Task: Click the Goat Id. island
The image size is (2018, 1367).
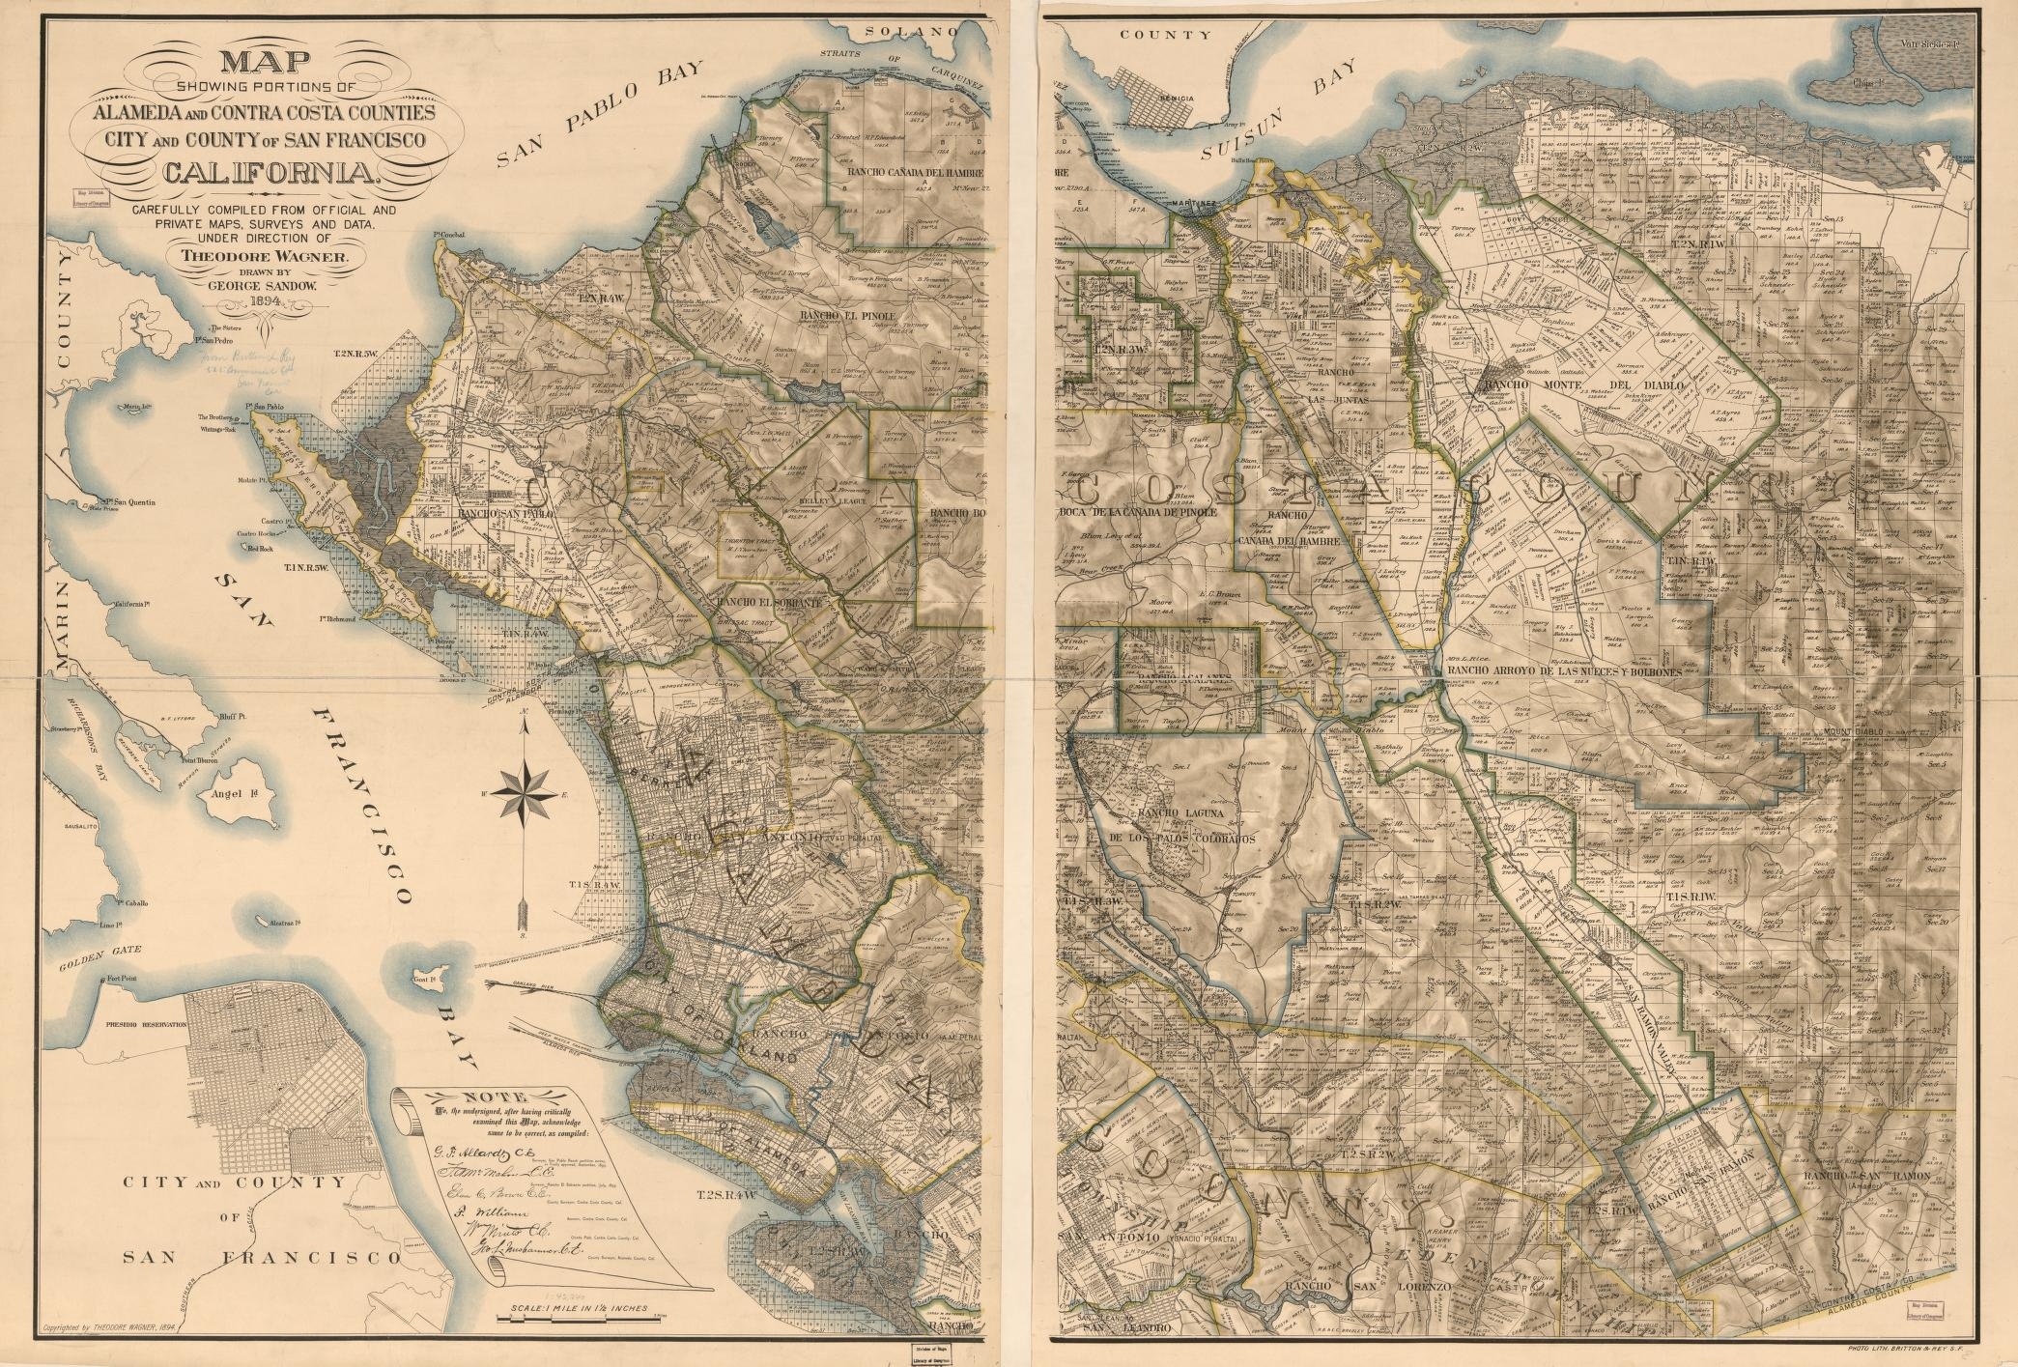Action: pos(425,979)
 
